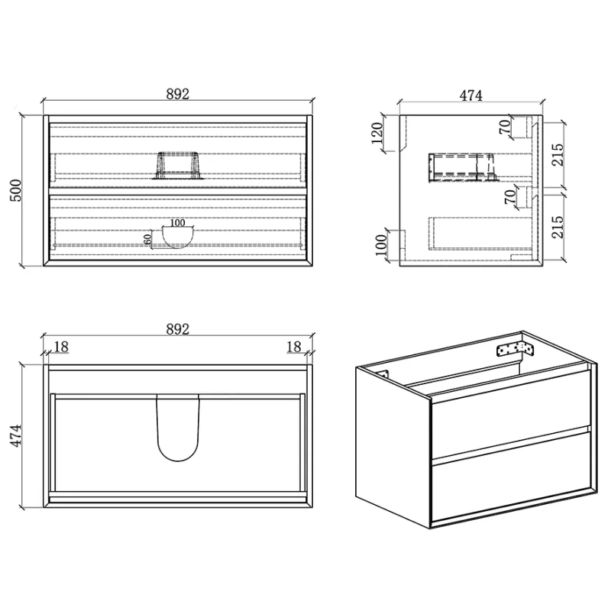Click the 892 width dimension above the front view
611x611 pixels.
coord(178,94)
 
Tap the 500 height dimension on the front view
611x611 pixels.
coord(16,190)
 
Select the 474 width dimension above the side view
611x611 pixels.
coord(470,95)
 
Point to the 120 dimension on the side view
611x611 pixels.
coord(377,133)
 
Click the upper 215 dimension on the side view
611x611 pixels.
coord(558,154)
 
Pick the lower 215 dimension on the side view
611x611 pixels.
coord(558,227)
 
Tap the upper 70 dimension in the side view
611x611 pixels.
coord(505,127)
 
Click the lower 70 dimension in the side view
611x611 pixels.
coord(509,196)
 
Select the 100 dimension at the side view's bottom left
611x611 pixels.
coord(381,245)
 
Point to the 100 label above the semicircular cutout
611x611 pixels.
coord(178,223)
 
